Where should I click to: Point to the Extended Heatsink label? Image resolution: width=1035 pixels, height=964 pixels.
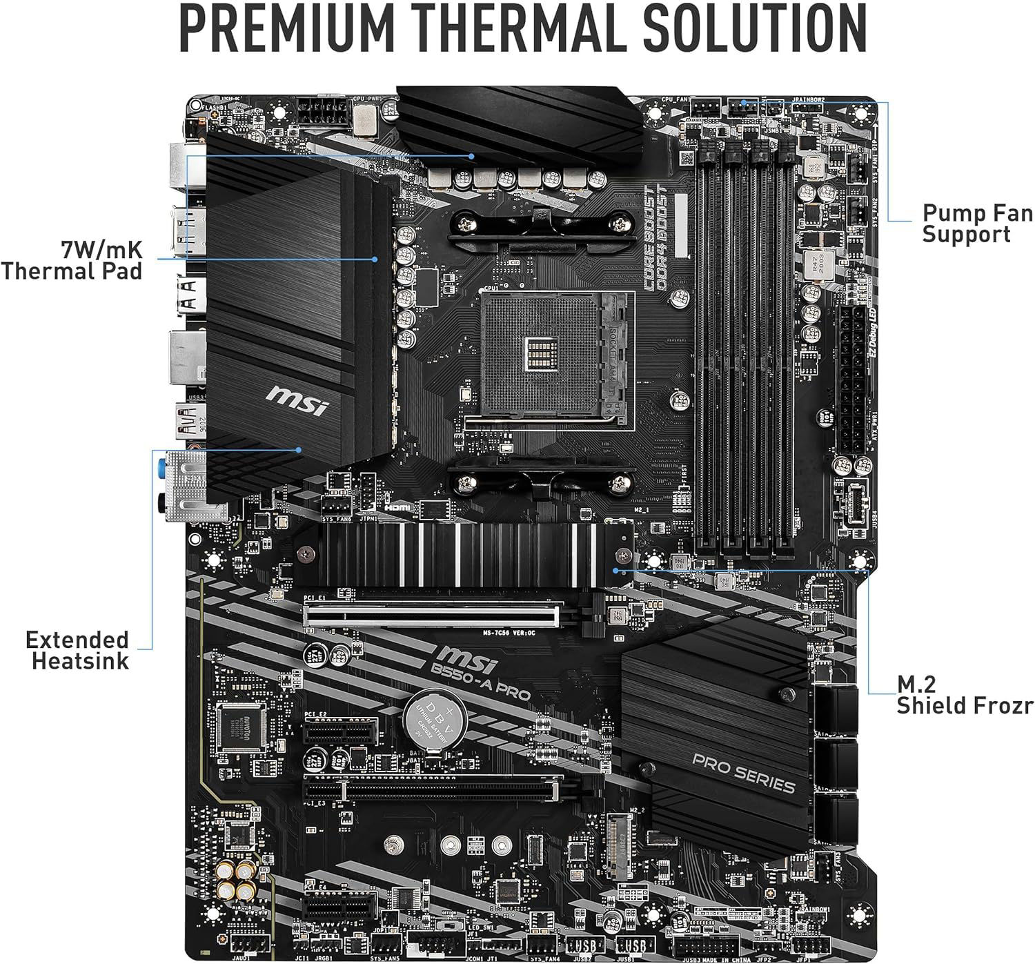point(77,650)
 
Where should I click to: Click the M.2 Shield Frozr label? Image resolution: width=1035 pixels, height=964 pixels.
point(965,695)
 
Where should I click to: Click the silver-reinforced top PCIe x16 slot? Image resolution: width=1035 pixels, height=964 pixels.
point(433,613)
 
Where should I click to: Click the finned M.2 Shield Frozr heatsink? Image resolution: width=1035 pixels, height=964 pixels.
point(461,554)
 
